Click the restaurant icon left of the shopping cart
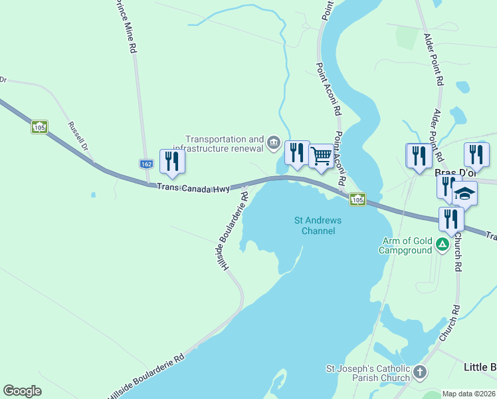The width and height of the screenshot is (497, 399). (296, 152)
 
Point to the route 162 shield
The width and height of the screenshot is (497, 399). (148, 164)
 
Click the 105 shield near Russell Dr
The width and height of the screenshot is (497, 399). (39, 126)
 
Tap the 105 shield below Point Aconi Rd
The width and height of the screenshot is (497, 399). (357, 199)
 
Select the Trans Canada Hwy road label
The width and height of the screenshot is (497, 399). (193, 188)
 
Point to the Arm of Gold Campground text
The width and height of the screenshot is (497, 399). (405, 245)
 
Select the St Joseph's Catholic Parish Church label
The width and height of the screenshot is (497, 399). (367, 373)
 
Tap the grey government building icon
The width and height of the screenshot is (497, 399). (273, 142)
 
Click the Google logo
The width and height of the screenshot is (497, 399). (22, 391)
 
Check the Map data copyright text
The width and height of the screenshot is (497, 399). (468, 394)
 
